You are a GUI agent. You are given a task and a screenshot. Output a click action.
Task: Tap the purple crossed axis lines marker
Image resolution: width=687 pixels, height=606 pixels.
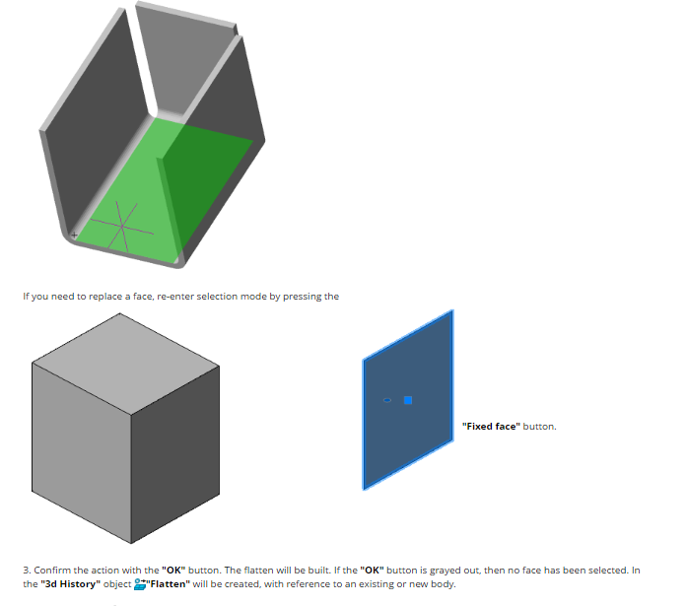pyautogui.click(x=122, y=226)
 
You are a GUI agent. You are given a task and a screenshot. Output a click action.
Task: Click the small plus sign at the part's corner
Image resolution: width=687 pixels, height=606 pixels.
pyautogui.click(x=75, y=236)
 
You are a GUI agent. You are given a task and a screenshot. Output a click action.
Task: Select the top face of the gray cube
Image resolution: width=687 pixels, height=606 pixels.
pyautogui.click(x=126, y=363)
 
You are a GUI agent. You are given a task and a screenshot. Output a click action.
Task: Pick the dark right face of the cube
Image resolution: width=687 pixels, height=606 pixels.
pyautogui.click(x=175, y=455)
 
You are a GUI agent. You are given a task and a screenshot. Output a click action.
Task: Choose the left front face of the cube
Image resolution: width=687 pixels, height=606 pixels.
pyautogui.click(x=82, y=453)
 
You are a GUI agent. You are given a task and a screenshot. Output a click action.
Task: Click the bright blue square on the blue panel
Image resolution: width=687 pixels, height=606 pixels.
pyautogui.click(x=408, y=400)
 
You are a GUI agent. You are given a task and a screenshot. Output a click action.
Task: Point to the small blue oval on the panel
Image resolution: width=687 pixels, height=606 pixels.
pyautogui.click(x=387, y=400)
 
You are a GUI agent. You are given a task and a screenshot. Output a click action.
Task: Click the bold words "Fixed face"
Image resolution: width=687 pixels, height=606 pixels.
pyautogui.click(x=491, y=427)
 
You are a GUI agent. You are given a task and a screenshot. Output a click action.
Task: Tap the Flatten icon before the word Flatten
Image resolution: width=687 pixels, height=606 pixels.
pyautogui.click(x=140, y=584)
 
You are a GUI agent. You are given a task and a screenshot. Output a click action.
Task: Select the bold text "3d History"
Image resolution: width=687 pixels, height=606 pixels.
pyautogui.click(x=71, y=584)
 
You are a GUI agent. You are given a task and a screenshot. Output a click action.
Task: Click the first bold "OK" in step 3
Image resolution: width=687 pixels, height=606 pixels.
pyautogui.click(x=173, y=571)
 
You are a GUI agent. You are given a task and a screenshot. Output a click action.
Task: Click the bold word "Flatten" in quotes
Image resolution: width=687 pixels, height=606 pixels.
pyautogui.click(x=169, y=584)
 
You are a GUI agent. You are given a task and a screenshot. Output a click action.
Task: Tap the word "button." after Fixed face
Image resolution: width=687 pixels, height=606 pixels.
pyautogui.click(x=540, y=427)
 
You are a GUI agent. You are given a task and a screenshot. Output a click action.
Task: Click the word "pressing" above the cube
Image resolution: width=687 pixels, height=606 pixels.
pyautogui.click(x=303, y=297)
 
